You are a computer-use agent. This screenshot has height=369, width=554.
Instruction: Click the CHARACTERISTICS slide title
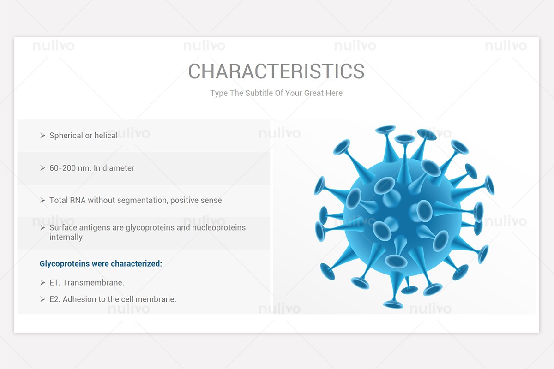[276, 71]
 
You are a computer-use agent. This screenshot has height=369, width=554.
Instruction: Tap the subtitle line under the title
[276, 93]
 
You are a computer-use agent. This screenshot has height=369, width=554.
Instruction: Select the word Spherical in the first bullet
[66, 136]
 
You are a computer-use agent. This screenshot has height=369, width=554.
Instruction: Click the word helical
[106, 136]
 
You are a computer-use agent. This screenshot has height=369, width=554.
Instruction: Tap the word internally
[66, 237]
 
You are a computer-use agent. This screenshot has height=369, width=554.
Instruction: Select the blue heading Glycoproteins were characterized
[101, 264]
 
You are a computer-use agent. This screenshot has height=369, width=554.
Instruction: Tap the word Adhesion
[78, 299]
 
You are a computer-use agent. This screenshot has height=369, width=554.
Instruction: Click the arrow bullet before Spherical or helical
[42, 136]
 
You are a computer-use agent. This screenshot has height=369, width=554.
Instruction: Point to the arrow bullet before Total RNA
[42, 200]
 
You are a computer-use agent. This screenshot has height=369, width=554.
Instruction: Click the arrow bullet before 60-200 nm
[42, 168]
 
